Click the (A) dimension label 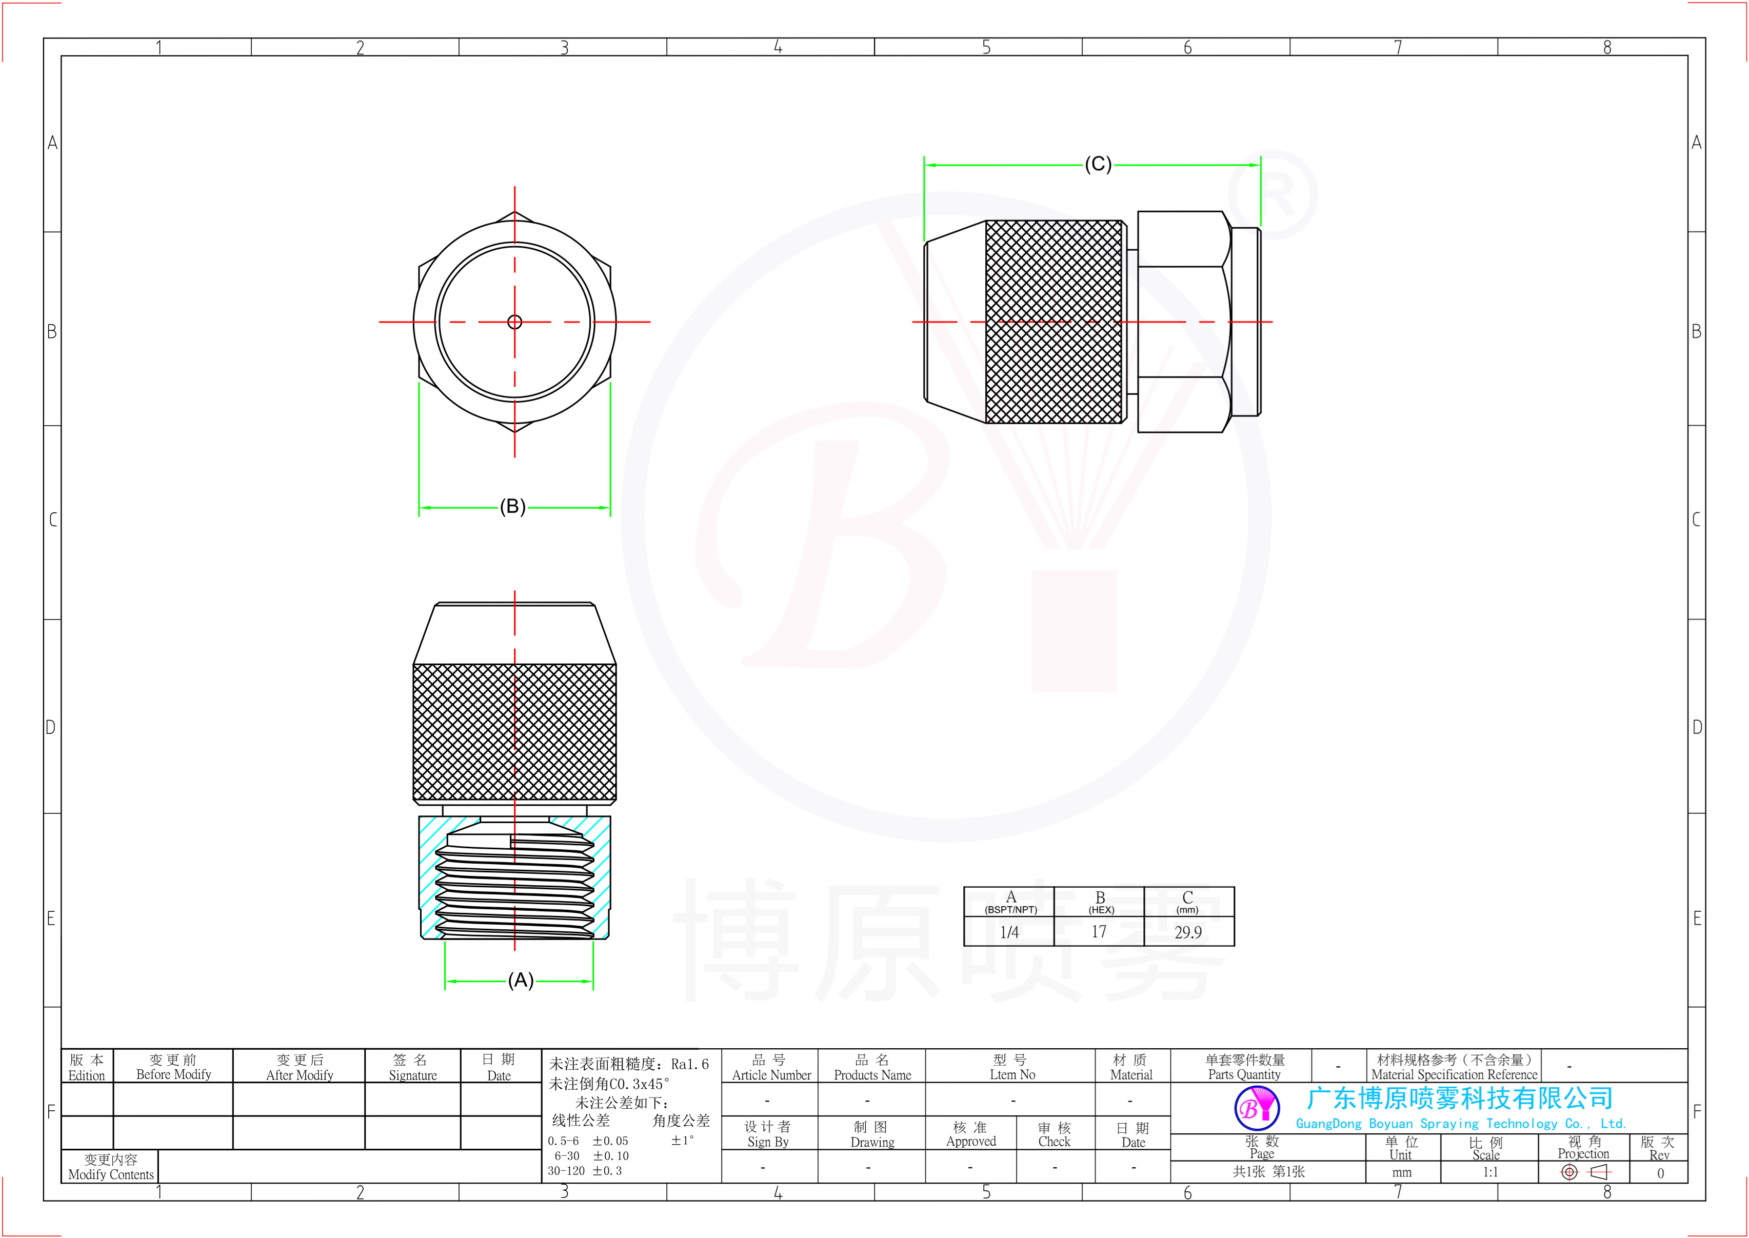pos(521,981)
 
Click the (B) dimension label pos(512,506)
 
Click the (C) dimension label pos(1098,164)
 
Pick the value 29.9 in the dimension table pos(1188,932)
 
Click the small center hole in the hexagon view pos(514,322)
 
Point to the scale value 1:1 pos(1490,1172)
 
